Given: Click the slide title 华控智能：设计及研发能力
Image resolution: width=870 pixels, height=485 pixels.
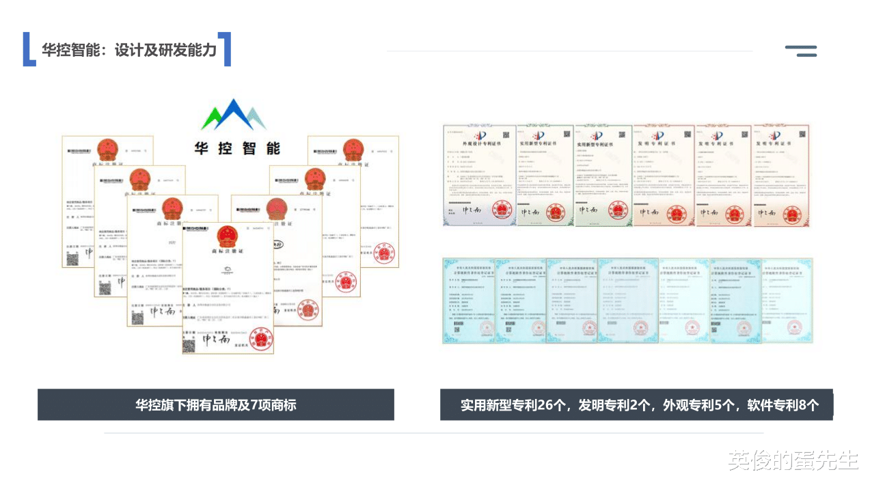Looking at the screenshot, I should (129, 50).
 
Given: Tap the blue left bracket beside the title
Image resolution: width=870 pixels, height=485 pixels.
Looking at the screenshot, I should (28, 49).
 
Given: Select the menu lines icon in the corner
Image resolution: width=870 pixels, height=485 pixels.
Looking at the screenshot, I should (801, 51).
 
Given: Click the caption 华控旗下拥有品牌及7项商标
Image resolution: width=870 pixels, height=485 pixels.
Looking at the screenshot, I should (215, 405).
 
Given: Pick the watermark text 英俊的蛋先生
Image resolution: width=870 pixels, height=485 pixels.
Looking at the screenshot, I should (793, 460).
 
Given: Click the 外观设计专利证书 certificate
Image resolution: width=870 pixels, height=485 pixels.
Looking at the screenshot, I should (480, 175).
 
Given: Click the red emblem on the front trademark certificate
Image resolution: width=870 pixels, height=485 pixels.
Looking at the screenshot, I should (228, 237).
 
